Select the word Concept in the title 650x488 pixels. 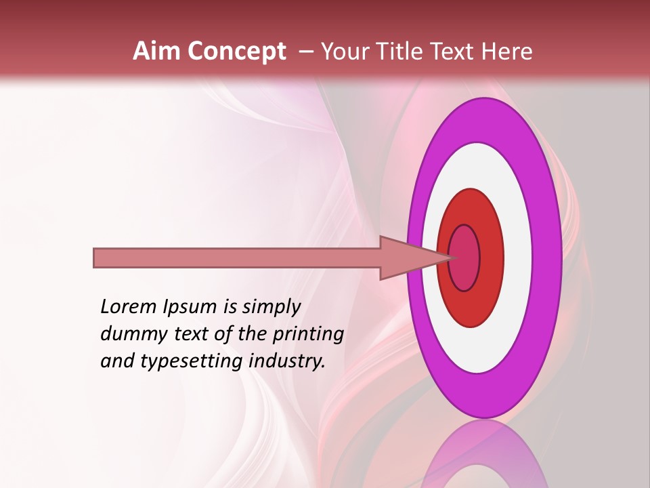(237, 52)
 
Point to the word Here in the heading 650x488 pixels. (508, 52)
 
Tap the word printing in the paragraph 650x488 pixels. (308, 334)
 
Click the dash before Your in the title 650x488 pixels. (305, 52)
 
